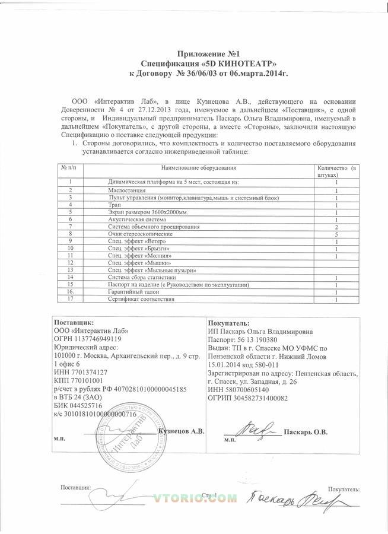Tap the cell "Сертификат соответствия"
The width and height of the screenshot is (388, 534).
point(142,299)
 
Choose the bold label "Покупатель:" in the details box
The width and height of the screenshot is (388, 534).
point(229,322)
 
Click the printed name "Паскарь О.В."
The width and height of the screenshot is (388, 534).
point(306,431)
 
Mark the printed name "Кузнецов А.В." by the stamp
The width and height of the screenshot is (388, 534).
point(182,431)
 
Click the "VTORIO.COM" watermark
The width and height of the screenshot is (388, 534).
point(190,500)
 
